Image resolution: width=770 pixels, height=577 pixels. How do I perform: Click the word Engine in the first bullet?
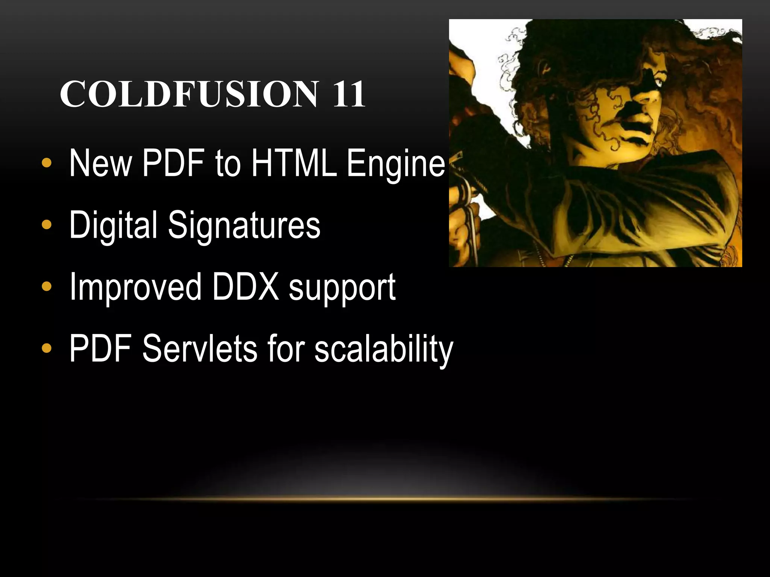[396, 163]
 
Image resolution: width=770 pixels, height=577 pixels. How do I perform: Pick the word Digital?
[113, 225]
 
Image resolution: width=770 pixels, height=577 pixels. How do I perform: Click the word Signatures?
[244, 225]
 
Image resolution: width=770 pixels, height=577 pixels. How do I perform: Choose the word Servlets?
[199, 349]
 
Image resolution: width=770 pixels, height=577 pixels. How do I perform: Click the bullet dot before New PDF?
[47, 163]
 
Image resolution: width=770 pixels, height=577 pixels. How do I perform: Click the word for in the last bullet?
[286, 349]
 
